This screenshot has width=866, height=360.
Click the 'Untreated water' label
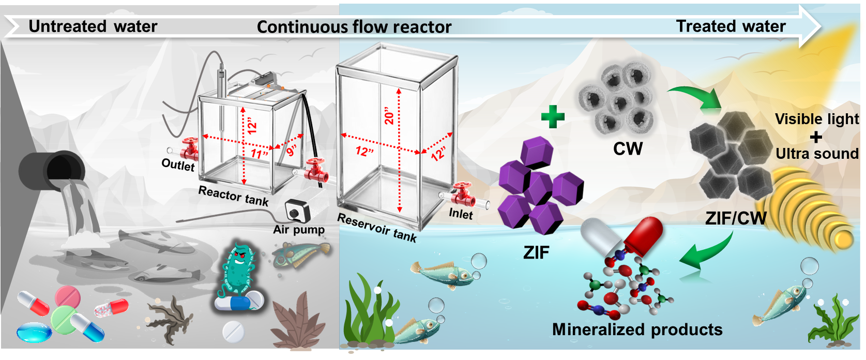click(93, 26)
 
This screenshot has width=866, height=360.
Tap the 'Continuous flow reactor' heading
click(354, 27)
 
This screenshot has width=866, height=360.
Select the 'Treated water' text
click(731, 26)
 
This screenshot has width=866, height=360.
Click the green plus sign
click(553, 116)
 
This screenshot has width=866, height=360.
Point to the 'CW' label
click(628, 149)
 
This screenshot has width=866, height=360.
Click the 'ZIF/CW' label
click(736, 218)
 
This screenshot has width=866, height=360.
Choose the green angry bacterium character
click(238, 269)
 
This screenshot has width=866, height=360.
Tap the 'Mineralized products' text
click(637, 329)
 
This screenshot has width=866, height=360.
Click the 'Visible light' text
click(817, 119)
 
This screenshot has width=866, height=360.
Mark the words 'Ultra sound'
click(817, 154)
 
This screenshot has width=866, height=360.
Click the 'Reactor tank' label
click(234, 196)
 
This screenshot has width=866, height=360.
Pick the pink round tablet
click(67, 296)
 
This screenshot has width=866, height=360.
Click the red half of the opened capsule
click(645, 235)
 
